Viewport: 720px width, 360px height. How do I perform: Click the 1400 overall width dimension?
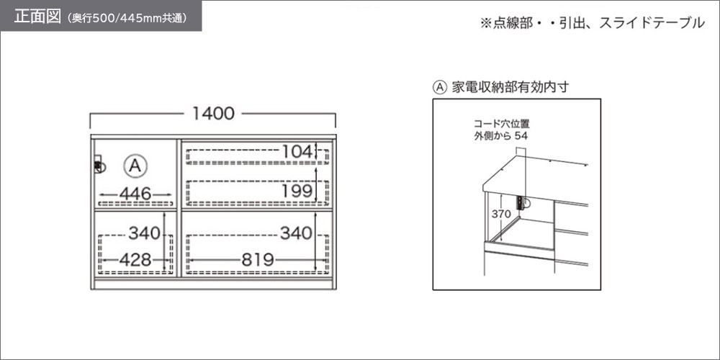[213, 114]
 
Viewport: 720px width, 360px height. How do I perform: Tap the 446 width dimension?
[135, 194]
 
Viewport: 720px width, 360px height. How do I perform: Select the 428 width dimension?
[135, 261]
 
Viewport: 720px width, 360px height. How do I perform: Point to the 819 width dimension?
[257, 261]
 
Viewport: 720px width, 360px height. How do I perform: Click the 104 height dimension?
[297, 151]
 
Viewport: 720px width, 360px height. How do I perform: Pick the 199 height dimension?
[297, 189]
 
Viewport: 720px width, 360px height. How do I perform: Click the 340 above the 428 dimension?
[144, 233]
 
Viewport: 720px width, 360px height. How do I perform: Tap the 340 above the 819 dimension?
[296, 233]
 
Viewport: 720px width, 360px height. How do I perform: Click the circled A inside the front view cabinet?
[135, 166]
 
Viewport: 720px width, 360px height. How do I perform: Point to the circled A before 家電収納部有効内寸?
[440, 87]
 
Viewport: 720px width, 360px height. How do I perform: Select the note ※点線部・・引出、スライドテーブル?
[592, 23]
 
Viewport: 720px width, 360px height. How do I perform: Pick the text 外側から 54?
[501, 136]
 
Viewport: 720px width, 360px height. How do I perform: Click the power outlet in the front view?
[99, 165]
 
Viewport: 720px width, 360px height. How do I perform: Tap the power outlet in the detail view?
[523, 203]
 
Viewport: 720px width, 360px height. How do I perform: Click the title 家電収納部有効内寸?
[510, 87]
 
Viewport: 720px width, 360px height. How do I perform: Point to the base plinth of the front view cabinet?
[213, 284]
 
